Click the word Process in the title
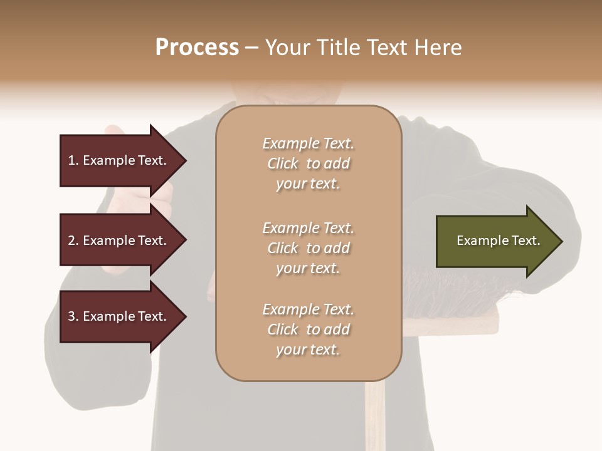[x=197, y=48]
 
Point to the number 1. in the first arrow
[x=73, y=160]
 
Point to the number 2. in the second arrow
[x=73, y=241]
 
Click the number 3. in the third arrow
[x=73, y=316]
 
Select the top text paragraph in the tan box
[x=308, y=163]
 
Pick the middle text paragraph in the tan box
[x=308, y=248]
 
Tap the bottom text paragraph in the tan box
[x=308, y=329]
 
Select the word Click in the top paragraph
[x=283, y=163]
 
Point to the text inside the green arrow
[x=498, y=241]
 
